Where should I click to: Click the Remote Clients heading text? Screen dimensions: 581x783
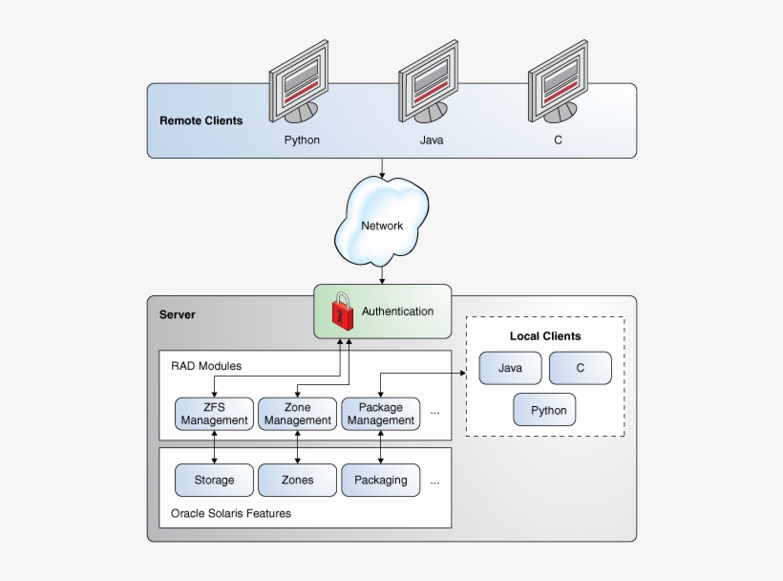(201, 120)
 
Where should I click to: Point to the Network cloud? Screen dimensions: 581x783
(382, 226)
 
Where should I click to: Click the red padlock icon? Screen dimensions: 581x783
(342, 311)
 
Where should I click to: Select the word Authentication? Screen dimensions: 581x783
(397, 311)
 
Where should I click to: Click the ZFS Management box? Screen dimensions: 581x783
(214, 414)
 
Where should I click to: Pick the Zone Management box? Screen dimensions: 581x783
(297, 414)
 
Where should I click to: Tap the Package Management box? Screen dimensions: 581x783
(380, 414)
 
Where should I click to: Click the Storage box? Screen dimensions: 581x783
(214, 480)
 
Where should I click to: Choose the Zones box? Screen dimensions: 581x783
(297, 480)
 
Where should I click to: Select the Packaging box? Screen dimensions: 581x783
(380, 480)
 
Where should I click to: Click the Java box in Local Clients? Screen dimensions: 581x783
(510, 368)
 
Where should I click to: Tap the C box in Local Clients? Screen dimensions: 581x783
(580, 368)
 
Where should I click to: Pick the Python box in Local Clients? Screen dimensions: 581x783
(545, 410)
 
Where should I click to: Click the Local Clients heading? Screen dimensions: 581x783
(545, 336)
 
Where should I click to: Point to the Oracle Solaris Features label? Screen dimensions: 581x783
(231, 513)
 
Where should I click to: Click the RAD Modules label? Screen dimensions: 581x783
(206, 366)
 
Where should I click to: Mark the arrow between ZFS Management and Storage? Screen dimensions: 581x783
(214, 446)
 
